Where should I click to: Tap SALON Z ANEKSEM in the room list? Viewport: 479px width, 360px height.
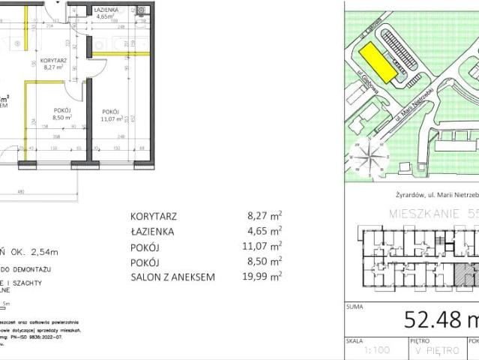[173, 277]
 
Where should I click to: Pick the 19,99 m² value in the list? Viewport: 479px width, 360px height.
[265, 277]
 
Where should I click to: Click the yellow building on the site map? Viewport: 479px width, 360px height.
[375, 62]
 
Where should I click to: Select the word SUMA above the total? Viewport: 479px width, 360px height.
[355, 307]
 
